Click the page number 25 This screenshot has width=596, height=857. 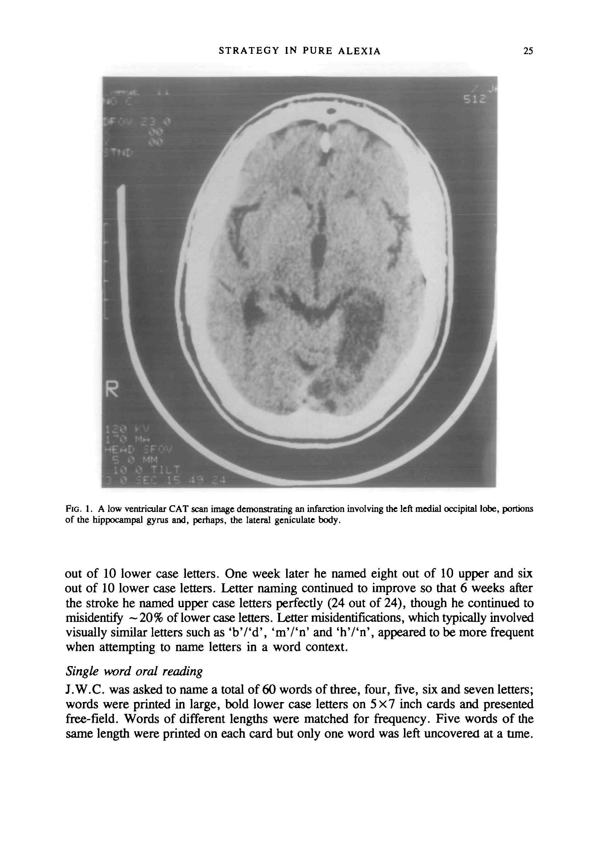point(528,51)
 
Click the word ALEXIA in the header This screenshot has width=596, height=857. point(359,51)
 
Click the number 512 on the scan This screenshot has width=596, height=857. point(475,100)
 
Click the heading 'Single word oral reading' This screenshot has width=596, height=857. point(134,671)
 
